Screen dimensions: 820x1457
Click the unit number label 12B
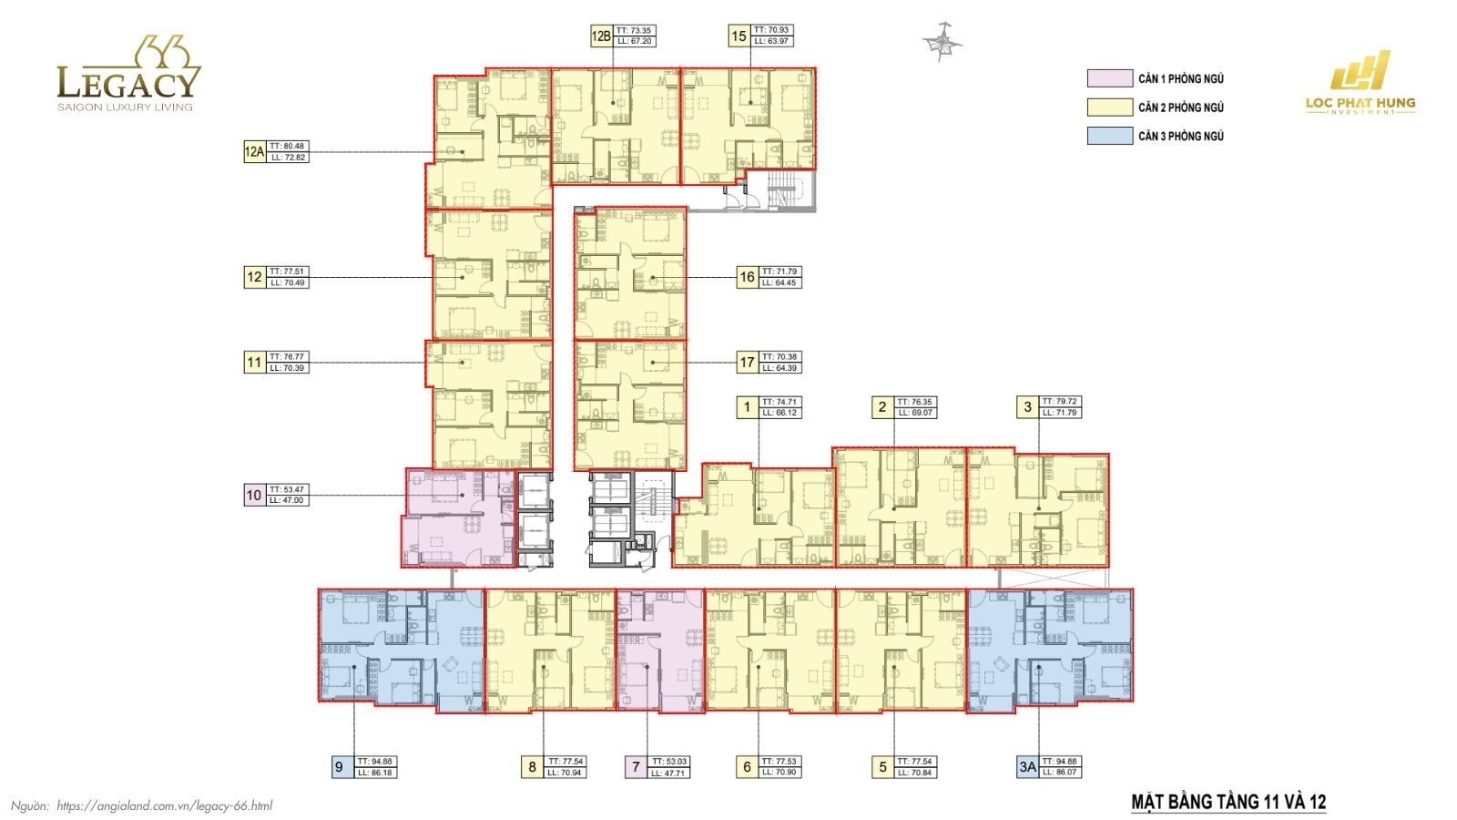pos(601,36)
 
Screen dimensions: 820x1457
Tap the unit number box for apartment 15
pos(739,36)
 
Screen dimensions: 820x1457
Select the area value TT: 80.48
pos(288,146)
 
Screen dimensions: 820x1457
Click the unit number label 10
pos(254,495)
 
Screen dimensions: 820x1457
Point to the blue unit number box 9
pos(340,767)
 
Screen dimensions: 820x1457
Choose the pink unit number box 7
pos(637,767)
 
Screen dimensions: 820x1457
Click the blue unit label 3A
pos(1027,767)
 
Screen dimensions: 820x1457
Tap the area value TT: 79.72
pos(1060,402)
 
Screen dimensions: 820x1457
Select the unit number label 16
pos(747,277)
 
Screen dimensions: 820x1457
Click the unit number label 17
pos(747,363)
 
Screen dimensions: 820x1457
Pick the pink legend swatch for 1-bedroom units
pos(1109,78)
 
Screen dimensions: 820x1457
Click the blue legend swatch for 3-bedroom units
pos(1109,136)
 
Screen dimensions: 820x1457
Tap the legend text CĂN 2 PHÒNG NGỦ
pos(1180,108)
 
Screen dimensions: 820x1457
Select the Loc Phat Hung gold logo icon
pos(1361,71)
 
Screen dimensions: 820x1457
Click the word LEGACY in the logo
pos(127,83)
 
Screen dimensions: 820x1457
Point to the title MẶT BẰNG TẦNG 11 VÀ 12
pos(1228,803)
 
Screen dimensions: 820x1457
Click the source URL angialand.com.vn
pos(164,805)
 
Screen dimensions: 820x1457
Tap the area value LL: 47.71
pos(669,774)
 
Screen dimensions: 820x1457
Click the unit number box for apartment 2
pos(881,407)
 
